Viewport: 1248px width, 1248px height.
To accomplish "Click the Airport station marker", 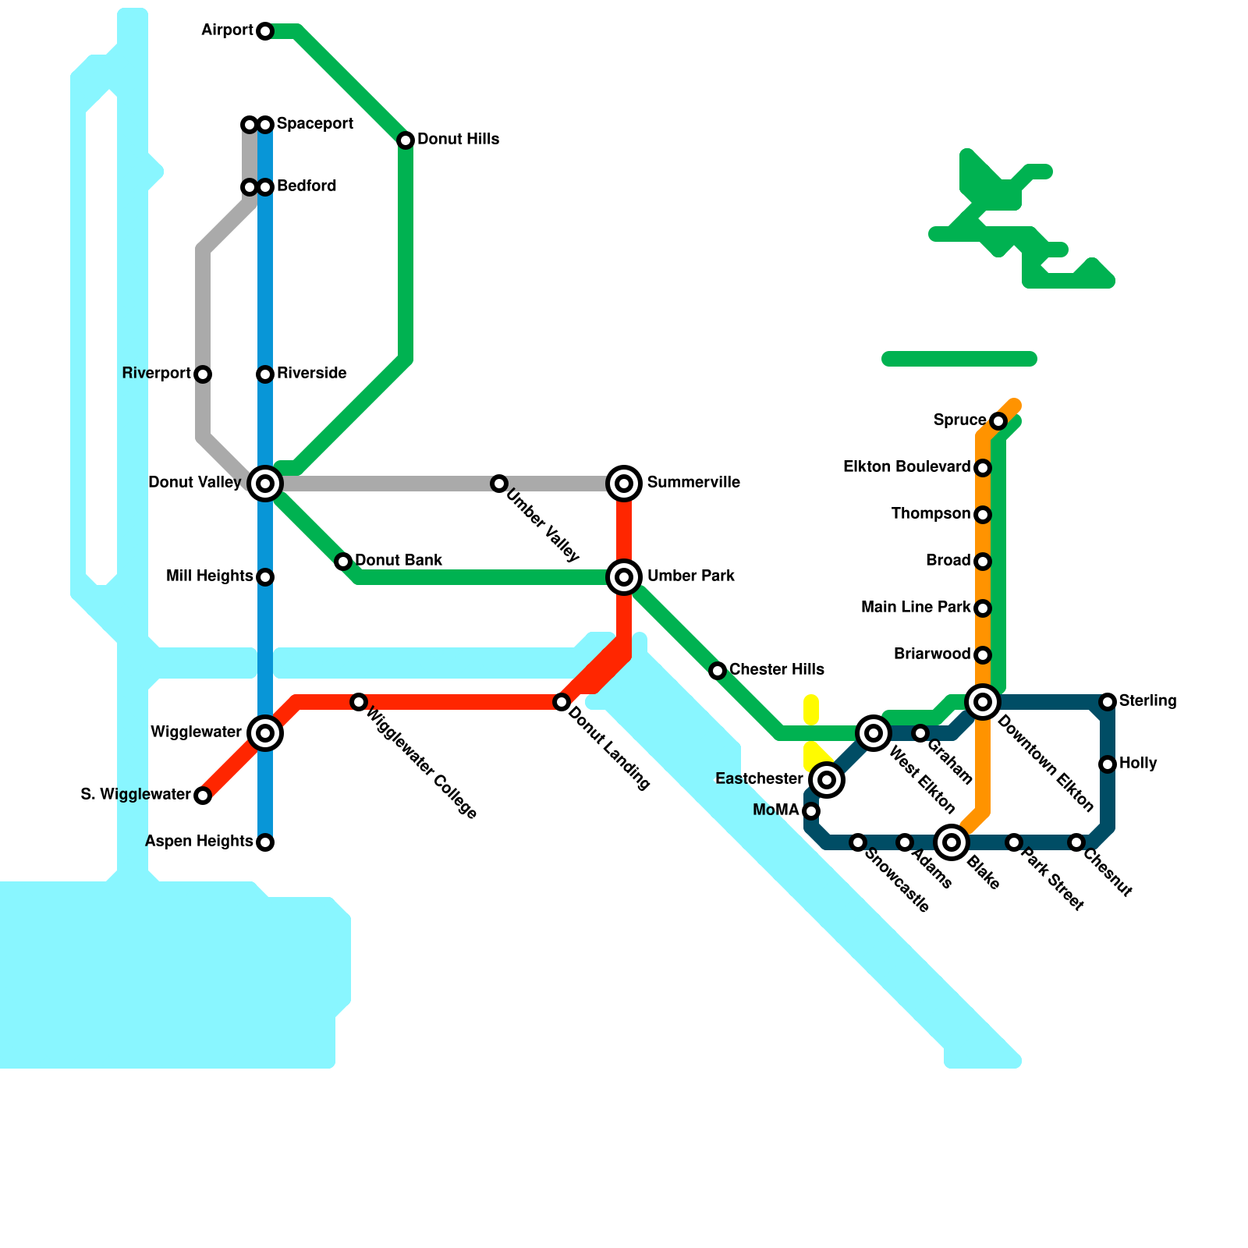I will [x=265, y=31].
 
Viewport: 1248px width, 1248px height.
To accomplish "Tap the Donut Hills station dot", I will [x=406, y=140].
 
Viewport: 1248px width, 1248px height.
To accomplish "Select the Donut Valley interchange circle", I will [x=265, y=484].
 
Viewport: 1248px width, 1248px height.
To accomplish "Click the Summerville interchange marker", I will [x=624, y=484].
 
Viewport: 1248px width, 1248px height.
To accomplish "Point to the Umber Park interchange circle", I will [x=624, y=577].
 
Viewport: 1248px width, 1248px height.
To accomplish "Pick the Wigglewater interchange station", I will [x=265, y=733].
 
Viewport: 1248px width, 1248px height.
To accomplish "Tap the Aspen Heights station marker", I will [x=265, y=842].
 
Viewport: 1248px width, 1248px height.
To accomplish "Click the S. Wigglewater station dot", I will [x=203, y=796].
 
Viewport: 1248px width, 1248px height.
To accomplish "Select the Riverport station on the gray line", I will [x=203, y=374].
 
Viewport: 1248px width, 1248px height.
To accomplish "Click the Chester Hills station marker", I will [x=718, y=671].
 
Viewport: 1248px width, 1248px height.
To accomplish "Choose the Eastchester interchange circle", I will [x=827, y=780].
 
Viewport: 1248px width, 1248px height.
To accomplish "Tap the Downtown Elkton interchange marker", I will [x=983, y=702].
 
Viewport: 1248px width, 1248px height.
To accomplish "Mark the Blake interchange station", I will [x=952, y=842].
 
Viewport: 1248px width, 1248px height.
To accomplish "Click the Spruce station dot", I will [x=998, y=421].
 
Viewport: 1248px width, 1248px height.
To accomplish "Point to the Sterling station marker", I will [x=1108, y=702].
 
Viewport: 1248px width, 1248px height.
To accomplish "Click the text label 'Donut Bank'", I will [x=399, y=560].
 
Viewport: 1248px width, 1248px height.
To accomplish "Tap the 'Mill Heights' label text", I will [x=209, y=576].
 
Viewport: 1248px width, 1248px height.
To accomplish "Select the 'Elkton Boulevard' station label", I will [x=906, y=467].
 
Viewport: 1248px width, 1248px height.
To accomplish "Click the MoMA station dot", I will [x=811, y=811].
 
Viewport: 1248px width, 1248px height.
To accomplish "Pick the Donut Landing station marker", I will [x=562, y=702].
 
